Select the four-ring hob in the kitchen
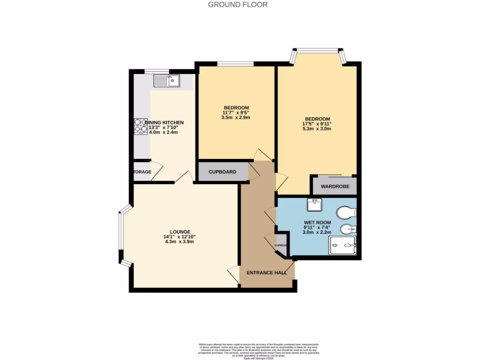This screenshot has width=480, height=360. coord(141,126)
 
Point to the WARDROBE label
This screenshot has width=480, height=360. coord(334,187)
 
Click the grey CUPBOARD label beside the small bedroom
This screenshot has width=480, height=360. coord(222,172)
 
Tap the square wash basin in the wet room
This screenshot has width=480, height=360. coord(314,205)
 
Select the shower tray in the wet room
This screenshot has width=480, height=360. coord(343,245)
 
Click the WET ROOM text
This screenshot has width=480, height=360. coord(317,223)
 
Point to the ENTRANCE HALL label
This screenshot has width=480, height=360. coord(267,272)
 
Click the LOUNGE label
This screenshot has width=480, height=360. coord(180,232)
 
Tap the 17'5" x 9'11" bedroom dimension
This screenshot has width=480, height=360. coord(317,124)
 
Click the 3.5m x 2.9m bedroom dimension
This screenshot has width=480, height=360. coord(236,118)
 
